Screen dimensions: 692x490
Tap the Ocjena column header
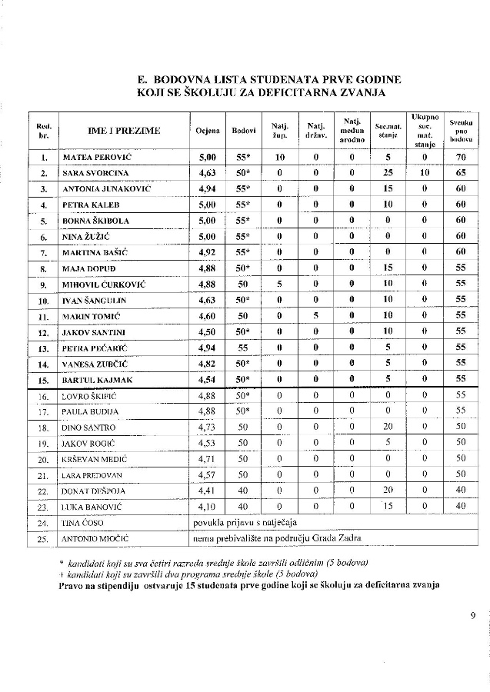[x=207, y=131]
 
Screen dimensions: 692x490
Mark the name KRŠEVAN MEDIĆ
[x=95, y=459]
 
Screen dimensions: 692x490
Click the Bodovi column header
[x=244, y=131]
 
